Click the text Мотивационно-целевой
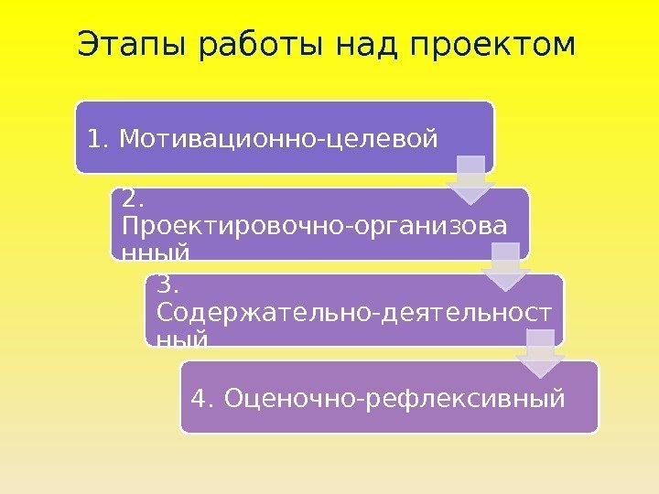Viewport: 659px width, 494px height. coord(278,139)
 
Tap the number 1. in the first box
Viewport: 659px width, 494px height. coord(98,139)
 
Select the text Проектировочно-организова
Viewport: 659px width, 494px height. coord(312,225)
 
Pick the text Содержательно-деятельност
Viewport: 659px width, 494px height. coord(354,313)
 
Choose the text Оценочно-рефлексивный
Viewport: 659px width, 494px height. coord(394,399)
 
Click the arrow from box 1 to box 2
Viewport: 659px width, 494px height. coord(470,180)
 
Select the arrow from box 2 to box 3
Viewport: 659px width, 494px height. coord(506,267)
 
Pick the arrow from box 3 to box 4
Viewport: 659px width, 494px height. coord(540,354)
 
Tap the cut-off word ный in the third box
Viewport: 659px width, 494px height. coord(182,338)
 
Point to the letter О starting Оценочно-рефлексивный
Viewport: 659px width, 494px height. coord(232,399)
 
